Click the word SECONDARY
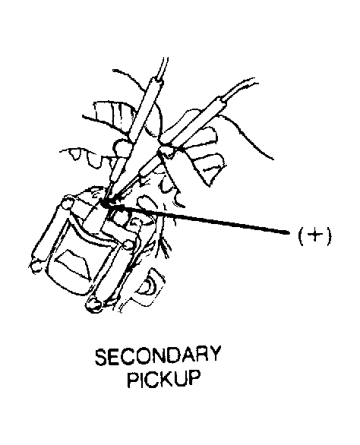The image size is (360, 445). click(x=158, y=356)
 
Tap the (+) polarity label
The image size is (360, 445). click(x=314, y=236)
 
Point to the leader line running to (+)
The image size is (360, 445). click(x=196, y=219)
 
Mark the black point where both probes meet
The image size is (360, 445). click(x=105, y=204)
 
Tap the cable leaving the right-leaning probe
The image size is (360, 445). click(x=242, y=88)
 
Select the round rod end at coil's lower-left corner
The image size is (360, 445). click(x=36, y=265)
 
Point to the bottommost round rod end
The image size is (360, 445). click(x=93, y=305)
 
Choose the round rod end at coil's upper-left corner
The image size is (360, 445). click(x=68, y=203)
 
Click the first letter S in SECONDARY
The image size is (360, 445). click(x=101, y=356)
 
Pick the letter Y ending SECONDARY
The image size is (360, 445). click(x=214, y=356)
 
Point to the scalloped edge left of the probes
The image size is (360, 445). click(x=88, y=157)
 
